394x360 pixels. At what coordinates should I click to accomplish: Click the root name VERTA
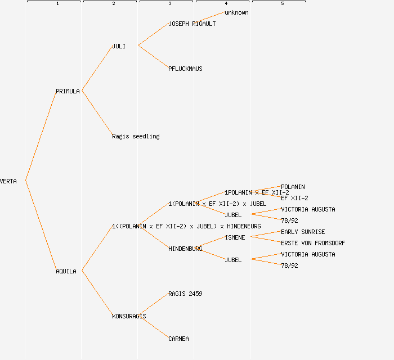8,181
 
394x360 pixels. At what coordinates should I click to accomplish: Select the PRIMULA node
68,91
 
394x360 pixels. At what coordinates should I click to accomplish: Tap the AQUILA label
66,271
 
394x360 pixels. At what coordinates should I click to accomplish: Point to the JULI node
118,46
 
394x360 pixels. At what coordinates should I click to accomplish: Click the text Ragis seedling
136,136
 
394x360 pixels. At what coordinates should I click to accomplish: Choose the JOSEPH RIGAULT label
192,24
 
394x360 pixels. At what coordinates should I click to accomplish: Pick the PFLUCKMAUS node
185,69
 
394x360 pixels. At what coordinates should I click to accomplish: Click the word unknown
236,12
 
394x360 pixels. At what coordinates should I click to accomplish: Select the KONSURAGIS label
129,316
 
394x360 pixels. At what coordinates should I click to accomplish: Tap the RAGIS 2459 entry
185,294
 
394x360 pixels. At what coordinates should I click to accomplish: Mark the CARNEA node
178,339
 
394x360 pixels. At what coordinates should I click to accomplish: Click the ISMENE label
235,237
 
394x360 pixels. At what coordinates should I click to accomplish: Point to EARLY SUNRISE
303,232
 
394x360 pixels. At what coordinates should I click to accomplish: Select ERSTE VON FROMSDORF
313,243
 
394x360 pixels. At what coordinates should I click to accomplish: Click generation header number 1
57,4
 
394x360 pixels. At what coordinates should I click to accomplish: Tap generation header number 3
169,4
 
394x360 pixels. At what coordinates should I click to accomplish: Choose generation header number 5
282,4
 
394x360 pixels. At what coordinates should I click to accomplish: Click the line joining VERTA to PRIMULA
41,136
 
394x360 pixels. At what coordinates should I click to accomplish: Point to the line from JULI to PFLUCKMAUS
153,57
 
